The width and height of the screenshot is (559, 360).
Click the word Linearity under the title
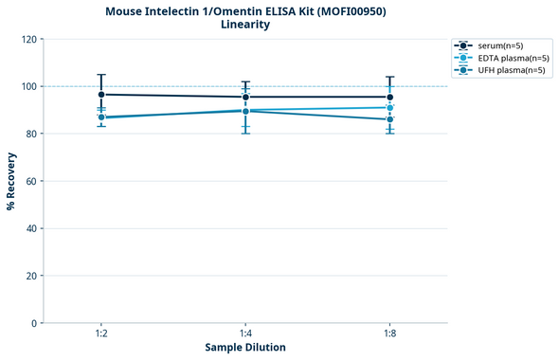(244, 25)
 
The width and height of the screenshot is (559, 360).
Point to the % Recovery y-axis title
(11, 180)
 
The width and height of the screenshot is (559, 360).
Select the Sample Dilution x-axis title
(245, 348)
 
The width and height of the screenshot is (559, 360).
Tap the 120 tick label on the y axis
(29, 39)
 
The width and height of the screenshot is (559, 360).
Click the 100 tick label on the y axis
(29, 86)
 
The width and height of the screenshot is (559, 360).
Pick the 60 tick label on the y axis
(32, 181)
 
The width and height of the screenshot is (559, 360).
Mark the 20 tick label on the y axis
(32, 276)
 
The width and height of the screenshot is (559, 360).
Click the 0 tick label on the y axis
(35, 323)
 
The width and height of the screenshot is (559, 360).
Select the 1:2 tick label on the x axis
(100, 333)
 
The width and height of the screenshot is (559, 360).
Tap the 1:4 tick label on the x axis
(245, 333)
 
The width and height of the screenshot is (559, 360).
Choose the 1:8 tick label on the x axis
(389, 333)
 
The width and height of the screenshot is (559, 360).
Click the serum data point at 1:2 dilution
(101, 95)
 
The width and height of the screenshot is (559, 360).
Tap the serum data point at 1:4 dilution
(245, 97)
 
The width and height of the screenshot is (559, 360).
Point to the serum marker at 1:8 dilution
(389, 97)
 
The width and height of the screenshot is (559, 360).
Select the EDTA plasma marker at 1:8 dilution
(389, 108)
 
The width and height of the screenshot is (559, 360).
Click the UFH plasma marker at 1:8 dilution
(389, 119)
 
